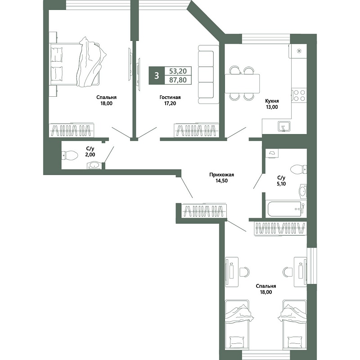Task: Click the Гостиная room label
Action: (x=170, y=97)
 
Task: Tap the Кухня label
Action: (x=272, y=101)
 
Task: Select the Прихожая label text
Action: (x=221, y=175)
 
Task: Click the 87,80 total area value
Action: (x=178, y=80)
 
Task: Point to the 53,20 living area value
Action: (x=178, y=71)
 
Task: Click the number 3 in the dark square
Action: (x=157, y=76)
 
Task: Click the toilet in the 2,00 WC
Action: (x=70, y=155)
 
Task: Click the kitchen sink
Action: (x=284, y=126)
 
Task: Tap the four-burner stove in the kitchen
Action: (x=299, y=95)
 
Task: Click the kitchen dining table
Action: (x=242, y=83)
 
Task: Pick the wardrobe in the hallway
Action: (x=203, y=210)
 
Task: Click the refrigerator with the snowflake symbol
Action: (x=299, y=51)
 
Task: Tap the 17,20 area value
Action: (x=170, y=103)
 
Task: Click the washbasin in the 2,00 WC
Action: (x=94, y=165)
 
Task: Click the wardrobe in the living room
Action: (x=196, y=130)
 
